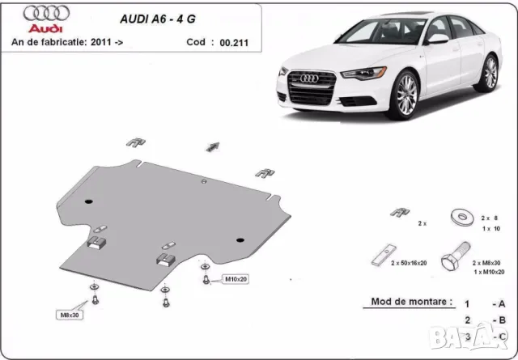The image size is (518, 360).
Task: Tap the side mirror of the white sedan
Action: tap(437, 38)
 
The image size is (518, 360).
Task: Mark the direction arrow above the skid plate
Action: tap(213, 146)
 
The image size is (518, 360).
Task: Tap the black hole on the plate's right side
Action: tap(239, 239)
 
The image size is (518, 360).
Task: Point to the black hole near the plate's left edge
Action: tap(90, 200)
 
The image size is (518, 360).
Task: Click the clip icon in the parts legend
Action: tap(399, 212)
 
